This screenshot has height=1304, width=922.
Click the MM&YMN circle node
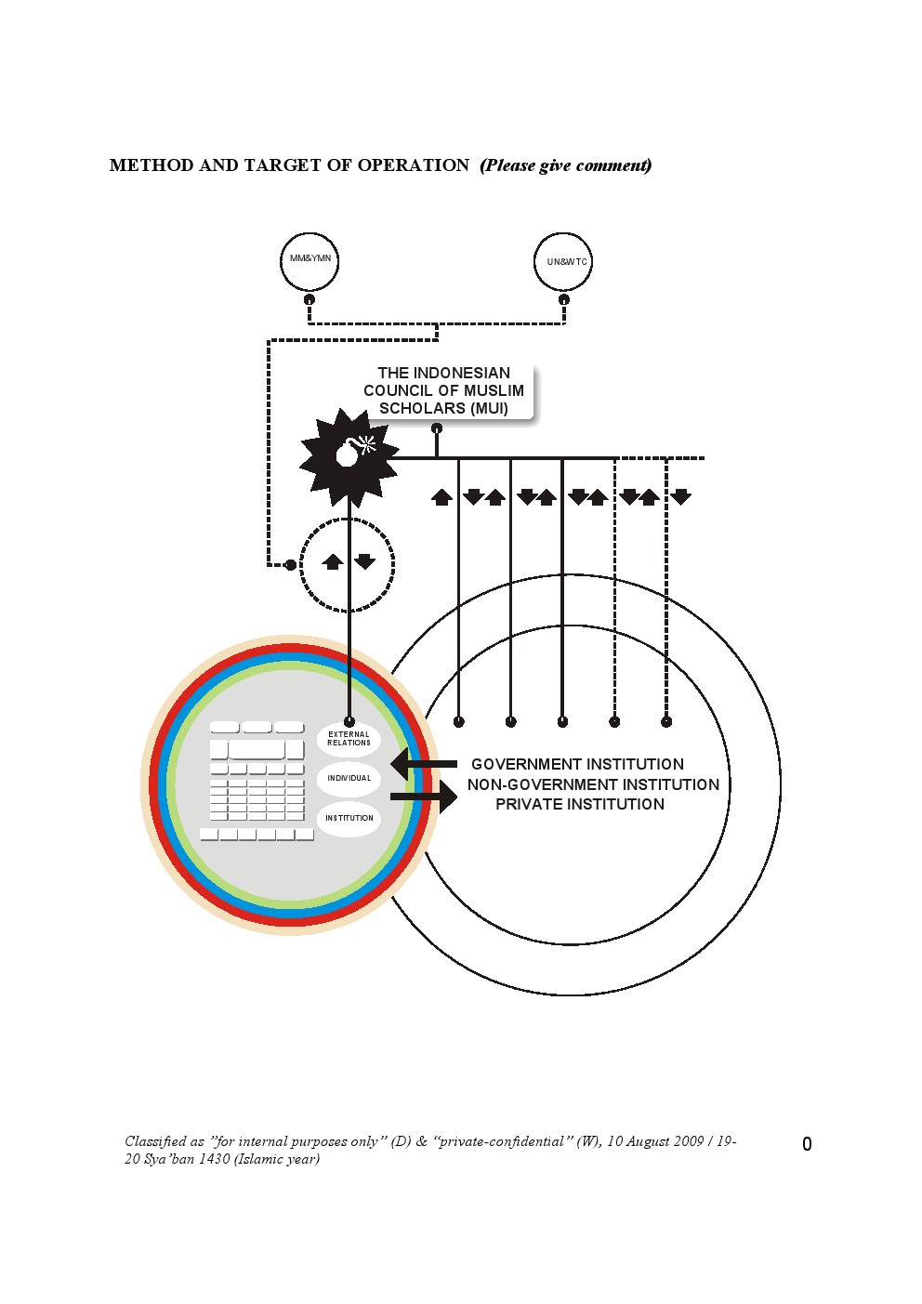click(310, 261)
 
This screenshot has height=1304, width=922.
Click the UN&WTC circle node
click(563, 262)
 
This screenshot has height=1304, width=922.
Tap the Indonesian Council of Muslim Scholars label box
click(443, 390)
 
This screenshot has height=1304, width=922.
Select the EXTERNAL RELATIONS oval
click(349, 739)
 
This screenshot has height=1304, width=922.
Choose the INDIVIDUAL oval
click(349, 779)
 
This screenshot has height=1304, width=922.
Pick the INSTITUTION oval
click(349, 819)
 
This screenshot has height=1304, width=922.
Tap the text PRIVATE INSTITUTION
click(580, 805)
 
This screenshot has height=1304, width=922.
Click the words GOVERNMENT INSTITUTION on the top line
click(577, 764)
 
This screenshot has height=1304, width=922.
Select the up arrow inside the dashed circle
click(333, 561)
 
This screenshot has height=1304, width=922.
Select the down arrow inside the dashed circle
click(364, 561)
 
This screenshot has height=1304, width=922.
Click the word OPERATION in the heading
click(414, 165)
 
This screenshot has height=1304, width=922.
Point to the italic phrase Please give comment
click(566, 165)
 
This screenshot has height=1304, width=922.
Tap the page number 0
click(807, 1144)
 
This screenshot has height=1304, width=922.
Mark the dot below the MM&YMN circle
click(310, 299)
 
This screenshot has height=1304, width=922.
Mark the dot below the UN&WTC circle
click(563, 299)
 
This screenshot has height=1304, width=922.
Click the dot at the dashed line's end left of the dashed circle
click(291, 564)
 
